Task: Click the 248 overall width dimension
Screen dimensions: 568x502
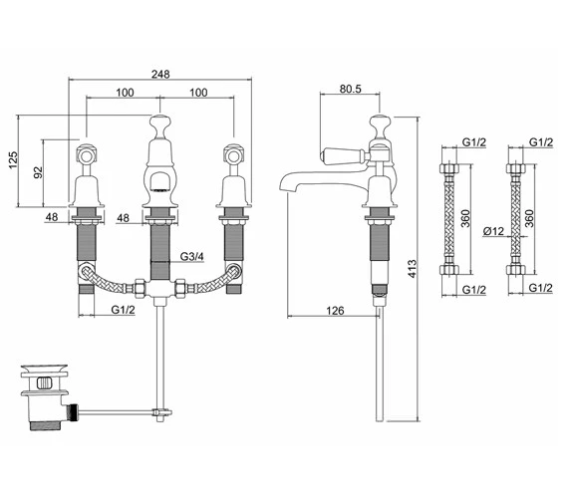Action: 160,75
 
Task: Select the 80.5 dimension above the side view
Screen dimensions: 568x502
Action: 351,89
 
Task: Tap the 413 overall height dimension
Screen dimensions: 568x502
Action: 413,269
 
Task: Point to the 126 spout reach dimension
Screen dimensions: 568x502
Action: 335,311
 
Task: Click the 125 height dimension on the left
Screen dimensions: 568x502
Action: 13,160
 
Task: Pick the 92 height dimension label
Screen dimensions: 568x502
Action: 38,172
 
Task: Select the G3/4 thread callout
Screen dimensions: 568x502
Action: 192,257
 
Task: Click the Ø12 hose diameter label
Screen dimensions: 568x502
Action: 493,231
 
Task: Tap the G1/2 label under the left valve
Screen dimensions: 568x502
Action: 124,310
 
